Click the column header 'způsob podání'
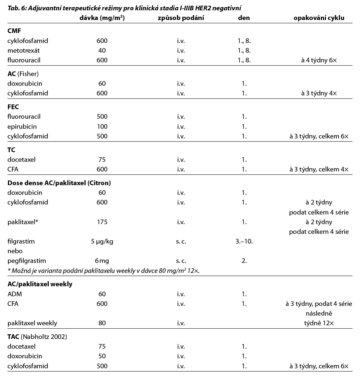point(181,18)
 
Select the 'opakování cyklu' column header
point(319,18)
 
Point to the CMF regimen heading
point(14,31)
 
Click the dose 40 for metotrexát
point(102,51)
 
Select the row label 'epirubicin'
point(22,126)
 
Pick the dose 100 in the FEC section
point(102,126)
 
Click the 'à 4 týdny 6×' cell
point(319,60)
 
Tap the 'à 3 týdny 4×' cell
point(319,93)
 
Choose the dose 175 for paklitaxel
point(102,222)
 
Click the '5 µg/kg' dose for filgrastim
point(102,241)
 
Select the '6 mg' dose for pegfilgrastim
point(102,261)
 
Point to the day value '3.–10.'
point(243,241)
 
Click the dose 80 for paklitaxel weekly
point(102,323)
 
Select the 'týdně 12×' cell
point(319,323)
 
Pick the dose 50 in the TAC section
point(102,356)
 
